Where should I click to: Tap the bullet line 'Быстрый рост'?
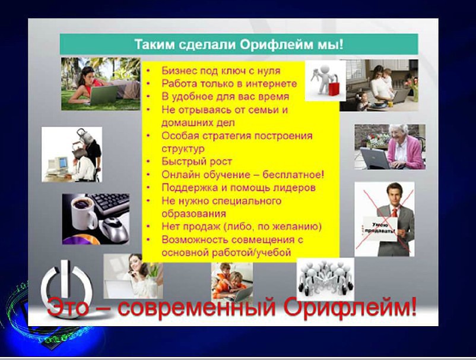click(x=196, y=162)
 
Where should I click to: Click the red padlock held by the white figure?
click(x=334, y=88)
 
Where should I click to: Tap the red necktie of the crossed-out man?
click(x=394, y=212)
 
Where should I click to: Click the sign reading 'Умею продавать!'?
click(x=380, y=229)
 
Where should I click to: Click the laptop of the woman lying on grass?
click(x=104, y=95)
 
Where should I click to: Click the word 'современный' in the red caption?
click(x=196, y=307)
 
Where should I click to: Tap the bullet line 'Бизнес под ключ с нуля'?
click(x=221, y=71)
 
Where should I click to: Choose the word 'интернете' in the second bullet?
click(x=271, y=84)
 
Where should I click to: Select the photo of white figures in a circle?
click(x=325, y=279)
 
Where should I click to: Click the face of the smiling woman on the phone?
click(x=137, y=264)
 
